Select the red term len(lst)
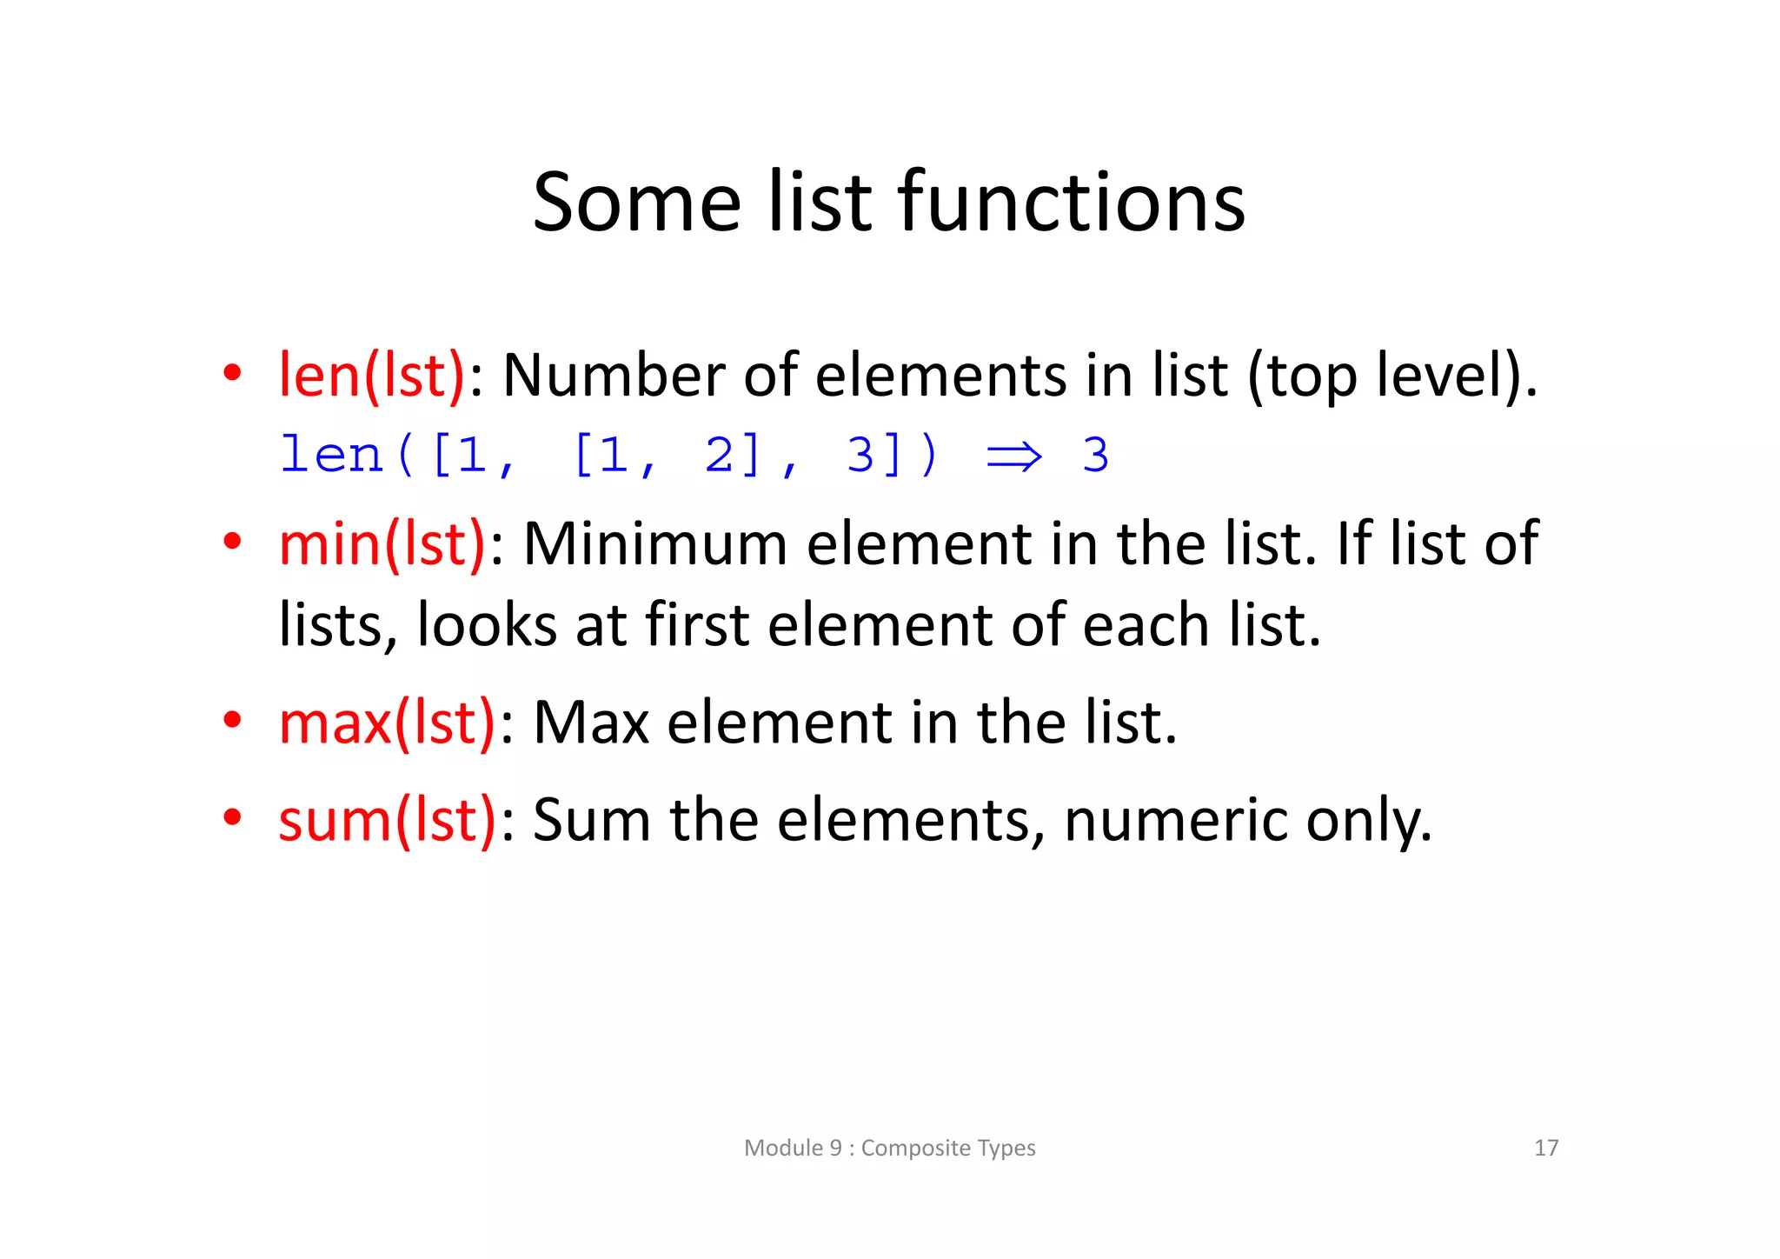click(x=372, y=376)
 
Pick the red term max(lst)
click(x=387, y=723)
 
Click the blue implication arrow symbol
click(x=1014, y=456)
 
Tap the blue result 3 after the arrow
click(x=1095, y=455)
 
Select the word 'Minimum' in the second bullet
click(x=654, y=544)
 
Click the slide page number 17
click(x=1546, y=1148)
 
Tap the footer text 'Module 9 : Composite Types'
click(x=890, y=1148)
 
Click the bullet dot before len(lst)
click(x=231, y=374)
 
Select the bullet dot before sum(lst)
click(x=231, y=817)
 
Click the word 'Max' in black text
click(x=591, y=723)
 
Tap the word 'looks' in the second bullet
click(x=487, y=625)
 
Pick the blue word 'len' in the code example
click(x=331, y=455)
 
